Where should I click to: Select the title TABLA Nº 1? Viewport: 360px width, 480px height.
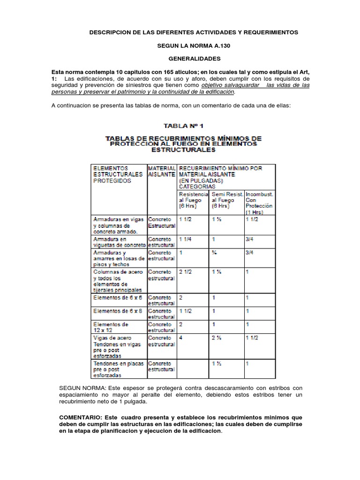pos(183,126)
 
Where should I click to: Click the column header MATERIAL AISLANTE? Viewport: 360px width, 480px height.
pos(162,171)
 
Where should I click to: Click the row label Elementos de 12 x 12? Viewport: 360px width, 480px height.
pos(111,327)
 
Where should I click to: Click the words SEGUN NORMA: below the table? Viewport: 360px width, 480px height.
pos(77,388)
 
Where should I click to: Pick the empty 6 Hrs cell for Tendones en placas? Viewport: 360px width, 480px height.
pos(193,369)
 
